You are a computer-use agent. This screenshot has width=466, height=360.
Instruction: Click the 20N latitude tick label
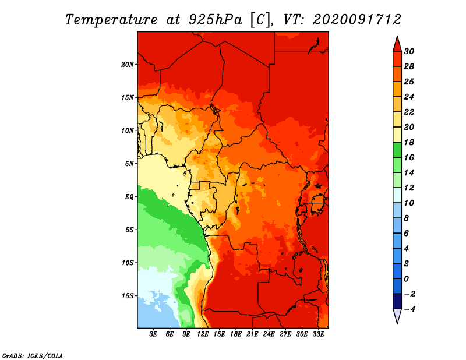[128, 65]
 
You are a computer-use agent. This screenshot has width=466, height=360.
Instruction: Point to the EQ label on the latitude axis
[129, 197]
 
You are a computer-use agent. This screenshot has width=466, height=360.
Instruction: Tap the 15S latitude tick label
[128, 296]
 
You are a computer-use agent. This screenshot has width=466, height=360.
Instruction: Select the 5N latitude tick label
[129, 164]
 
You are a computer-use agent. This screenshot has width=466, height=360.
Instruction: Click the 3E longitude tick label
[153, 334]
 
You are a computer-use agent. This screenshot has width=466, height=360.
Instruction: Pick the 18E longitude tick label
[236, 334]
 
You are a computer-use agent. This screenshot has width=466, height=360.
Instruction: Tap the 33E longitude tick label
[318, 334]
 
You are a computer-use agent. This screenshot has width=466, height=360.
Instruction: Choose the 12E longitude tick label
[203, 334]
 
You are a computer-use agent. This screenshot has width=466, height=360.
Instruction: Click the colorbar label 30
[409, 51]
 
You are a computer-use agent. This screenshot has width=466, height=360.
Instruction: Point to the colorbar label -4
[409, 309]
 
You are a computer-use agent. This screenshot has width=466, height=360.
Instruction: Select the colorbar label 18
[409, 142]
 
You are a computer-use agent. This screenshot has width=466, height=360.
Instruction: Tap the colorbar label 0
[407, 279]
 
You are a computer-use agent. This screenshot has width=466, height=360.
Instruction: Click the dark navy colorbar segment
[397, 301]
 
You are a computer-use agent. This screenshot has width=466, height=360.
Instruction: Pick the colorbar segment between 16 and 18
[397, 150]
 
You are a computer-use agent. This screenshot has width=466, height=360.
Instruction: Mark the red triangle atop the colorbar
[397, 44]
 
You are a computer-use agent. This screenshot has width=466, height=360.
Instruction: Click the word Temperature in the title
[111, 20]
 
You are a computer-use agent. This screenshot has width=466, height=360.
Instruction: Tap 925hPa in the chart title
[216, 20]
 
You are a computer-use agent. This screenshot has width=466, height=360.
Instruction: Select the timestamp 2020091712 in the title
[357, 20]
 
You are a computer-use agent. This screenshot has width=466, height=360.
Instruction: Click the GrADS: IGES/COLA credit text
[33, 355]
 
